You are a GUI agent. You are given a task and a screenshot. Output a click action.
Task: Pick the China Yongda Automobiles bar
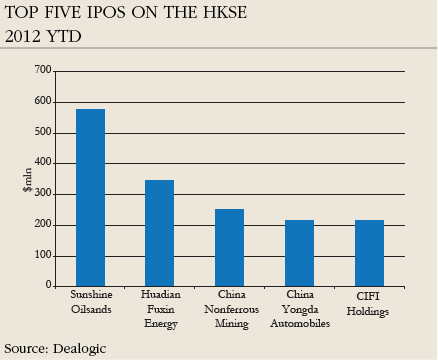(299, 253)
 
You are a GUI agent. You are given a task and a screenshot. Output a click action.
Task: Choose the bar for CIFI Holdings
(369, 253)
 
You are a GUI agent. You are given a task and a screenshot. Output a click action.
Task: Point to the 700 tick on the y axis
(42, 70)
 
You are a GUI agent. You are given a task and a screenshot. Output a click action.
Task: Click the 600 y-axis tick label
(42, 101)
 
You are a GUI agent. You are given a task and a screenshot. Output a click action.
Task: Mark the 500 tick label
(42, 132)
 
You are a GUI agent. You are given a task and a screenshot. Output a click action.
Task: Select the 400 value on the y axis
(42, 163)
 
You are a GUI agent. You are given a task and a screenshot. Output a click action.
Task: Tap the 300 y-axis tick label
(42, 194)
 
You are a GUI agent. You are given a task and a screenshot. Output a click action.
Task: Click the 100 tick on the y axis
(42, 255)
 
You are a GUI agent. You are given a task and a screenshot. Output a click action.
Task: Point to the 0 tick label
(48, 286)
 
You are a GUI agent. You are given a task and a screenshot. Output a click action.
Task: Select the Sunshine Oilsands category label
(90, 303)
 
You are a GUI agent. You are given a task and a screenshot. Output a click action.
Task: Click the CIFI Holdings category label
(369, 303)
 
